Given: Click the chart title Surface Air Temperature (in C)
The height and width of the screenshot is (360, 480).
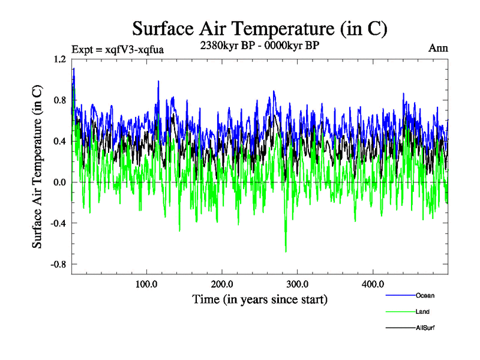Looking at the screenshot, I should pyautogui.click(x=259, y=28).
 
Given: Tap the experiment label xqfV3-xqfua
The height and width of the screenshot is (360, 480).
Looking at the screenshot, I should pyautogui.click(x=118, y=49).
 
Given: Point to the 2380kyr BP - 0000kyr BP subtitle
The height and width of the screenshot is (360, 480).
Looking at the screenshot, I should pyautogui.click(x=260, y=44).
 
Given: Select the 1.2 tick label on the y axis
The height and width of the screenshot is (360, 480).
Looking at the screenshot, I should pyautogui.click(x=59, y=59).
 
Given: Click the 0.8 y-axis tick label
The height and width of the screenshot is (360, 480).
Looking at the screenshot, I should pyautogui.click(x=59, y=100).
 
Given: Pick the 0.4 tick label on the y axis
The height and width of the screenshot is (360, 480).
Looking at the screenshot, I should pyautogui.click(x=59, y=141).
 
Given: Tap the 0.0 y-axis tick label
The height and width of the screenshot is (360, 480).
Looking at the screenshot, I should pyautogui.click(x=59, y=182).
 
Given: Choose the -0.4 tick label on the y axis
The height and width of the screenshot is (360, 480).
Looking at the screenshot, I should pyautogui.click(x=58, y=223).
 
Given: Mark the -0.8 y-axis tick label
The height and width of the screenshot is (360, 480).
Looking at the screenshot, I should pyautogui.click(x=58, y=264).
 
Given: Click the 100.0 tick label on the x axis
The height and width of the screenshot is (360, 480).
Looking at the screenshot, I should pyautogui.click(x=147, y=284).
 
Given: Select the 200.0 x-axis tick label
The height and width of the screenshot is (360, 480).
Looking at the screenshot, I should pyautogui.click(x=223, y=284).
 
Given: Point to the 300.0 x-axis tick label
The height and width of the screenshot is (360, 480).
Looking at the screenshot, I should pyautogui.click(x=298, y=284).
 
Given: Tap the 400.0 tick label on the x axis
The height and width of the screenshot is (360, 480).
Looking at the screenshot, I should pyautogui.click(x=373, y=284).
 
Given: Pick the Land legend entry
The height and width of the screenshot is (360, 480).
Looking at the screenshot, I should pyautogui.click(x=422, y=311).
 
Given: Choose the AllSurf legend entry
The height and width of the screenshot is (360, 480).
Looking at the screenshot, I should pyautogui.click(x=424, y=328).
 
